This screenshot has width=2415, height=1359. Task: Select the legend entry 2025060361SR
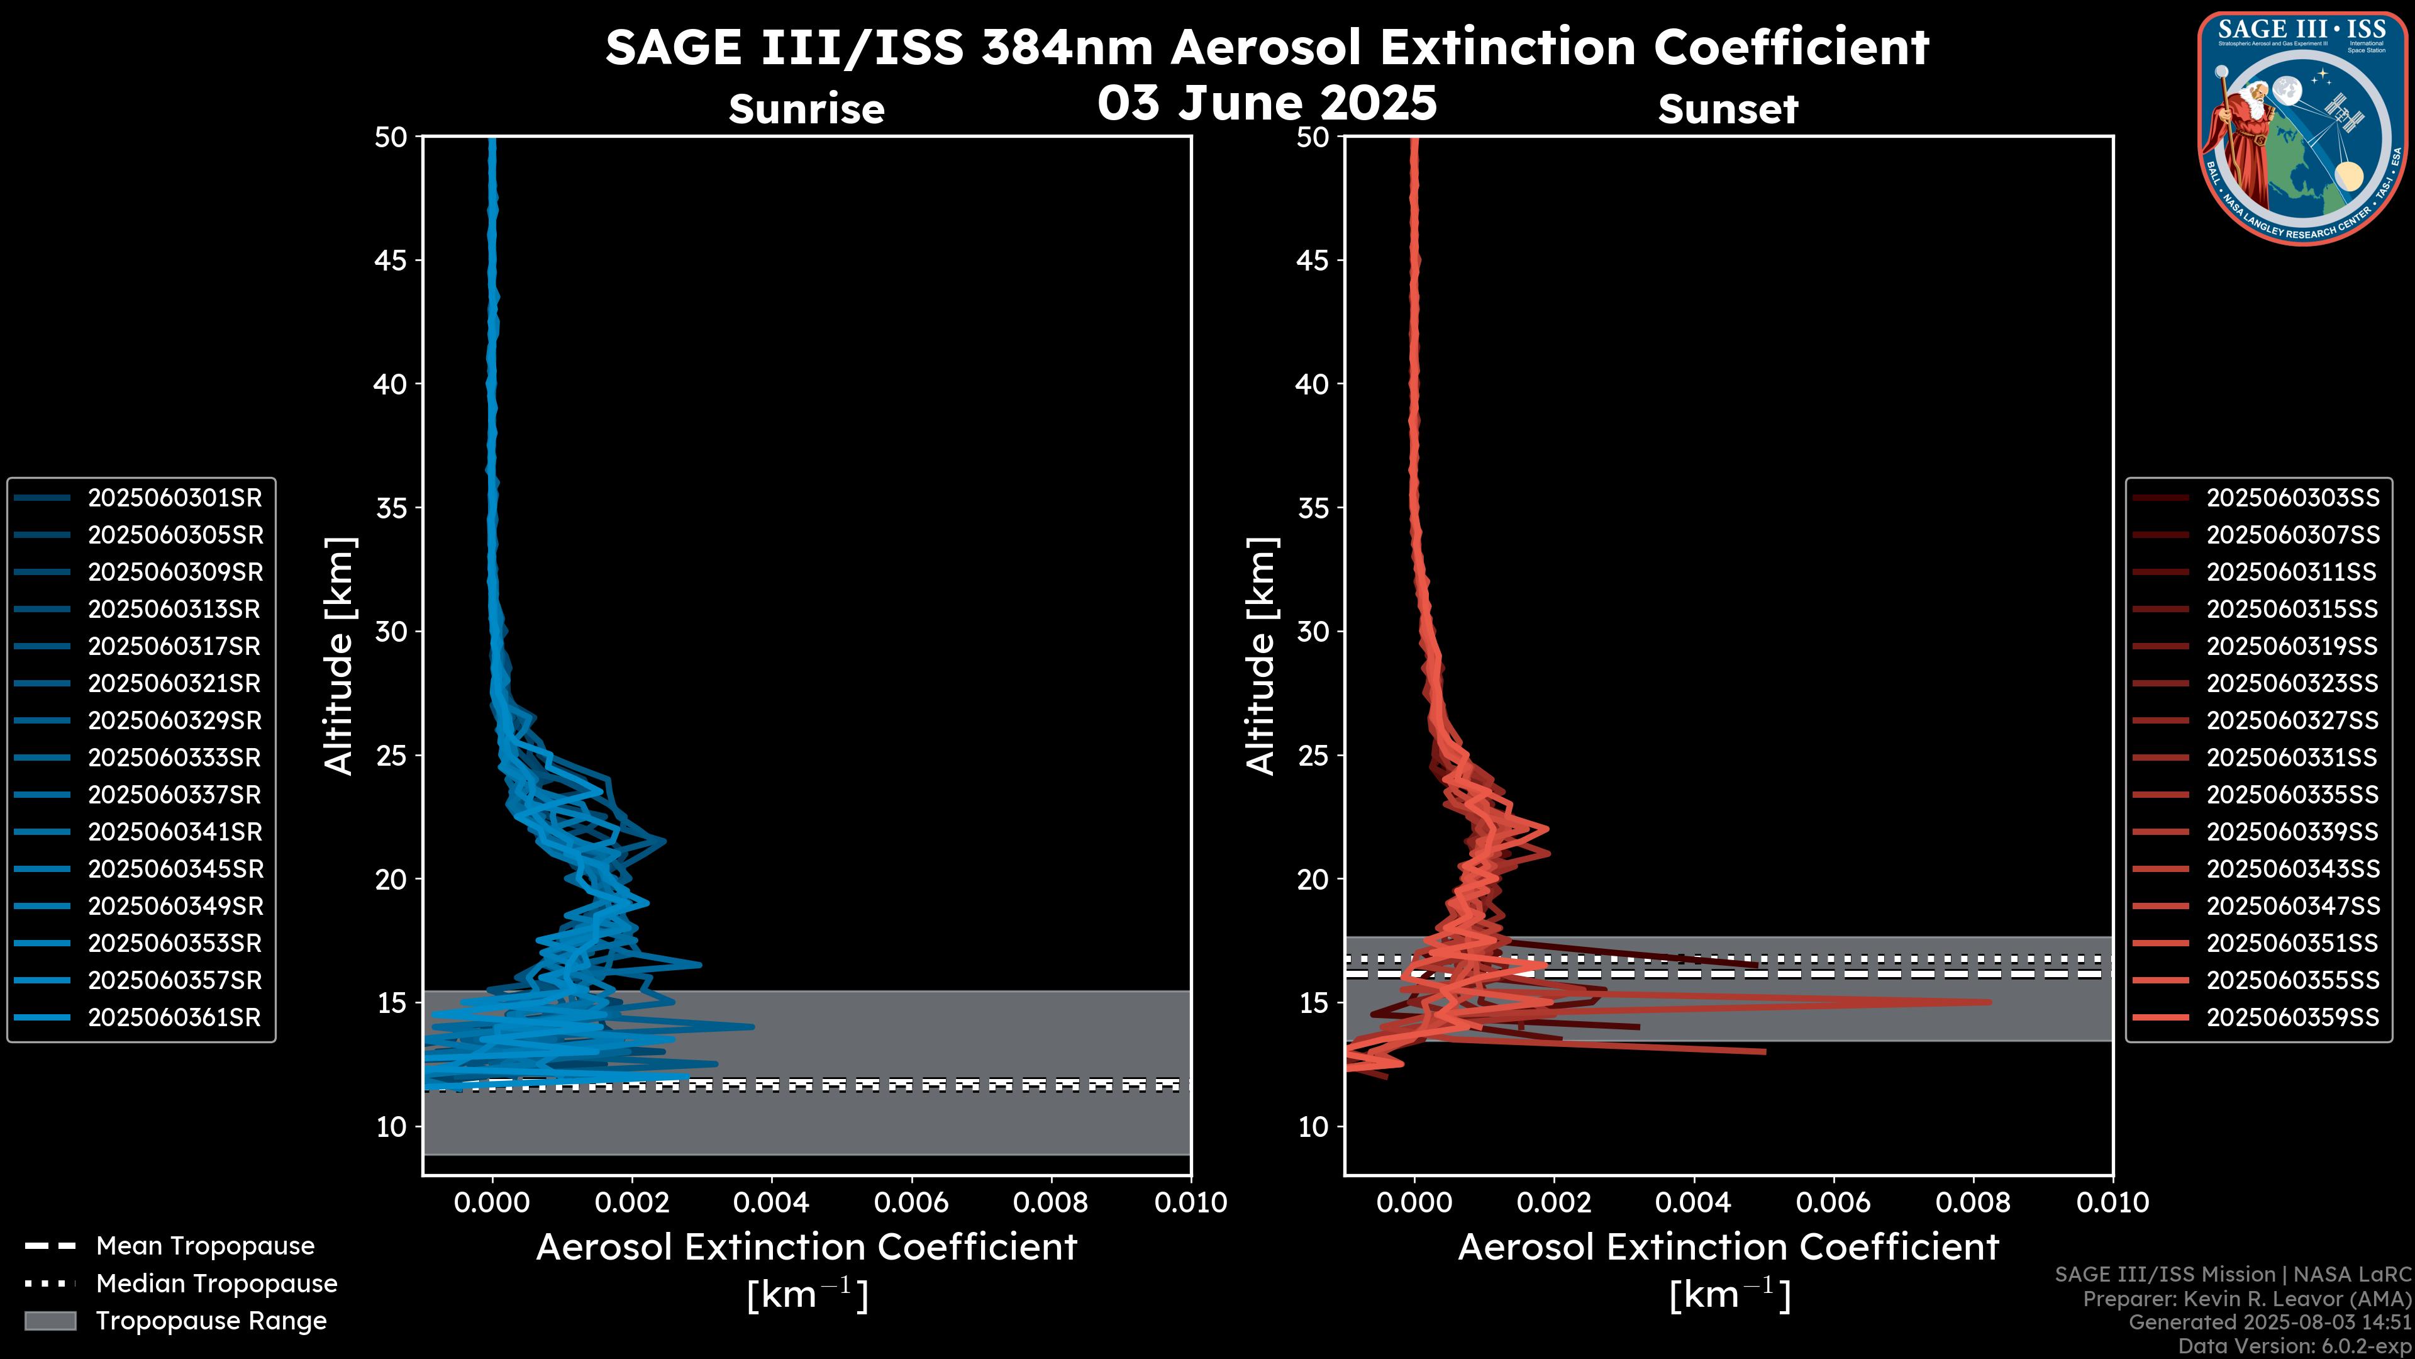tap(174, 1017)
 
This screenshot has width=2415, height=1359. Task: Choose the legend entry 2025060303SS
tap(2292, 498)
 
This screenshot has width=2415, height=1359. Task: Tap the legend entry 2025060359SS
tap(2292, 1017)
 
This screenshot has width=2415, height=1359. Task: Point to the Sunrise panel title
tap(806, 109)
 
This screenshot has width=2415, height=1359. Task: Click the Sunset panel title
tap(1728, 109)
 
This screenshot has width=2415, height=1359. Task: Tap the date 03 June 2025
tap(1267, 103)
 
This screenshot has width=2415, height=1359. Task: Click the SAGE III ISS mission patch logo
tap(2302, 128)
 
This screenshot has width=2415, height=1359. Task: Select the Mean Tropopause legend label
tap(205, 1246)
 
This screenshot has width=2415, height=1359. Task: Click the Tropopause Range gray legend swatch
tap(50, 1321)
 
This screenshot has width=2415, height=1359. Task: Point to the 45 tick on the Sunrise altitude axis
tap(391, 260)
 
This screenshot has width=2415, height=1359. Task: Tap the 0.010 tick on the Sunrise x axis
tap(1191, 1202)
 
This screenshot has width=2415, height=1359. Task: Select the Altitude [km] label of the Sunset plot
tap(1261, 656)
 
